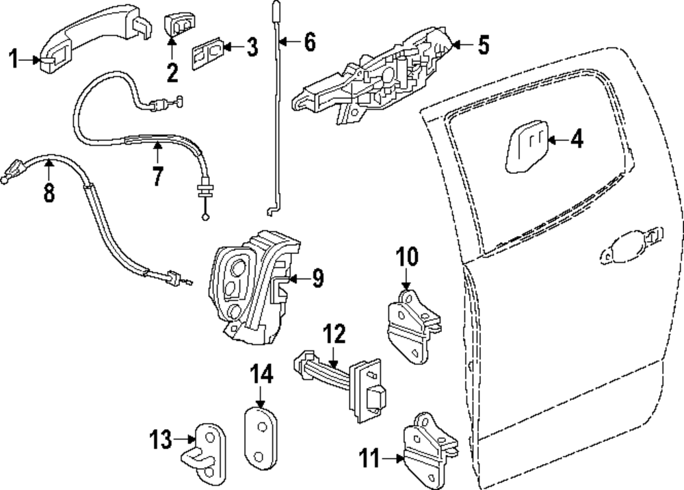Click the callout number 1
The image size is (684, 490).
point(14,59)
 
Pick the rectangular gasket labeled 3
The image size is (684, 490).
point(208,55)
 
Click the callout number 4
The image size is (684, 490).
point(577,140)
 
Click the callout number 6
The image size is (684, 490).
point(310,42)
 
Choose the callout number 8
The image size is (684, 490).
point(49,192)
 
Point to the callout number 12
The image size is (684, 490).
point(334,335)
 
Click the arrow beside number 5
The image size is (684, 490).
point(463,44)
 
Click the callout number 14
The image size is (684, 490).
point(261,374)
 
